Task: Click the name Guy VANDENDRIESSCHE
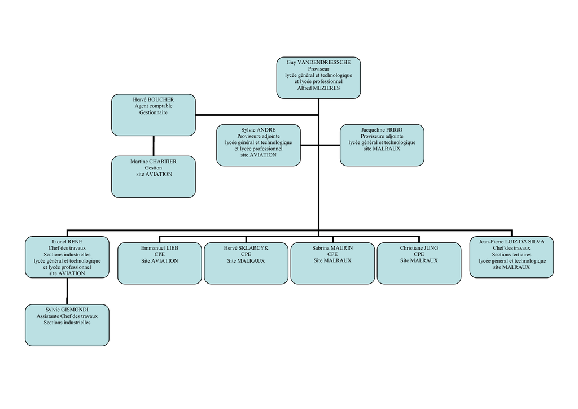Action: coord(318,62)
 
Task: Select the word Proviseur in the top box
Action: coord(318,69)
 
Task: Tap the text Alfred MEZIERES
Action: coord(318,88)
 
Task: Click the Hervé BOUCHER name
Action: coord(154,99)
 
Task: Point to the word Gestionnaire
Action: coord(154,112)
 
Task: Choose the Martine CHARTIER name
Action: coord(154,162)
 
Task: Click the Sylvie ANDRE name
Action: coord(259,130)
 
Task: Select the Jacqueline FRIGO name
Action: coord(382,130)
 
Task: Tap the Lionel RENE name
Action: coord(67,242)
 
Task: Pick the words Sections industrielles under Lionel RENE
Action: coord(67,254)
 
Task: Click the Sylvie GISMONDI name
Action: coord(67,310)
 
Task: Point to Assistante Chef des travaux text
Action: coord(67,316)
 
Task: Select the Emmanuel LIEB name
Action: coord(160,248)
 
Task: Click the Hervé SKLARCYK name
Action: coord(246,248)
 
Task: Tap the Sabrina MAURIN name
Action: coord(332,248)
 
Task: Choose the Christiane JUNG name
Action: coord(419,248)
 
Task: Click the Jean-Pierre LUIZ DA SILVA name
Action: coord(511,242)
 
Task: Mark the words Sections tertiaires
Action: coord(511,254)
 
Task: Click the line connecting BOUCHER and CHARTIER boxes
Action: coord(154,146)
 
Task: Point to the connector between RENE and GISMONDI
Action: coord(67,291)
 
